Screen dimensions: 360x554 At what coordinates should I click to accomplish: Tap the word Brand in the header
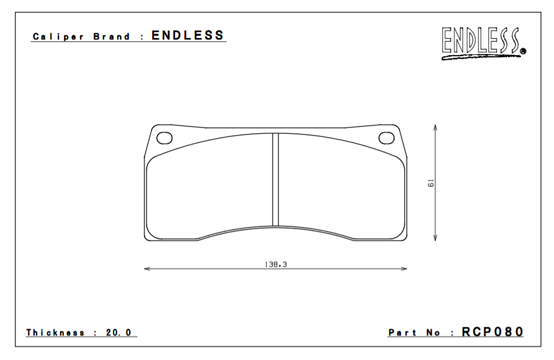pos(111,37)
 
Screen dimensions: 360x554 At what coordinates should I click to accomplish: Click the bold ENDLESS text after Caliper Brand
pos(187,36)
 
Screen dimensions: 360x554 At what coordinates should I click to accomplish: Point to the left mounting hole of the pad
pos(164,138)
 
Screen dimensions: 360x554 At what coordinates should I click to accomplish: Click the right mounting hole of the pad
pos(386,138)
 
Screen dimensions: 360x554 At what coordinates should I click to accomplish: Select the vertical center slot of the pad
pos(276,179)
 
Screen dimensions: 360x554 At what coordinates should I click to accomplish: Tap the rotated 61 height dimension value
pos(430,183)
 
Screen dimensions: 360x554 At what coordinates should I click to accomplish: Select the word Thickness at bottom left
pos(56,333)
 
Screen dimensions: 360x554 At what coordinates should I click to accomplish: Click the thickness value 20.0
pos(118,333)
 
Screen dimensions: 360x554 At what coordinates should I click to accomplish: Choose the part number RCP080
pos(492,332)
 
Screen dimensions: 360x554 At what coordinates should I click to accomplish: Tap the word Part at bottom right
pos(403,333)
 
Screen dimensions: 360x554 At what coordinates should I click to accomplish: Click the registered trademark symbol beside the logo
pos(522,51)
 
